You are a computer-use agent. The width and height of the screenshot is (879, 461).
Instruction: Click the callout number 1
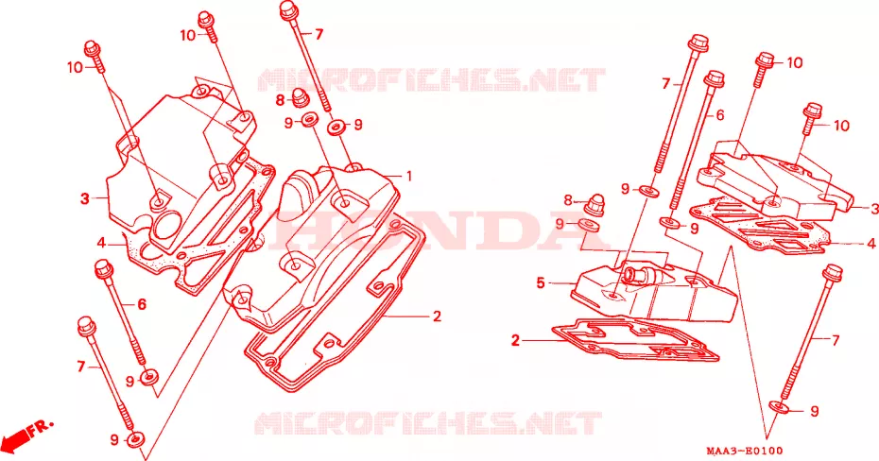click(409, 176)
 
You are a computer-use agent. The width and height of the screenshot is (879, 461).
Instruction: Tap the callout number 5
click(541, 282)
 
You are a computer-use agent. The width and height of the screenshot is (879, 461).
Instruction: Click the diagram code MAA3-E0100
click(744, 451)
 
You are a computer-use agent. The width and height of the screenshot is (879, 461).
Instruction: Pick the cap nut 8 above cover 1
click(301, 98)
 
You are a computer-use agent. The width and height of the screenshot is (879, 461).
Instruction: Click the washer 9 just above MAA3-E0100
click(779, 407)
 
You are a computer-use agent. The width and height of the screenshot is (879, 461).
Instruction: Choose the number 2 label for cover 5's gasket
click(515, 340)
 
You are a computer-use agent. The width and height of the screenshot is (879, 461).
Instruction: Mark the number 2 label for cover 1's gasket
click(438, 316)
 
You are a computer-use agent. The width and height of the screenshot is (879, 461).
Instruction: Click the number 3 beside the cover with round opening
click(85, 198)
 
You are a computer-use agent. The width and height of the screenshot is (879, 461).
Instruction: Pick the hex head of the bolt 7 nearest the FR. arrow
click(85, 326)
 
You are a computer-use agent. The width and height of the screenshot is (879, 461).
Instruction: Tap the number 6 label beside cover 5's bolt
click(720, 115)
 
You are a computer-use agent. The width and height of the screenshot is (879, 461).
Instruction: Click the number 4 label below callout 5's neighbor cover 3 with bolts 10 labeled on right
click(871, 245)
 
